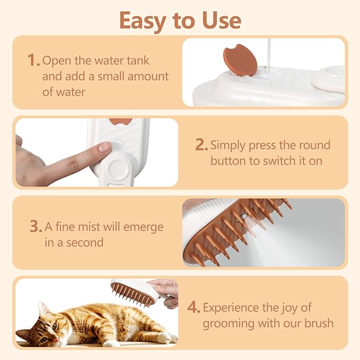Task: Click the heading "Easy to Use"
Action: [x=180, y=20]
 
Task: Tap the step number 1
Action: [x=33, y=60]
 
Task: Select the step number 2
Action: [x=200, y=145]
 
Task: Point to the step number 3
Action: [x=35, y=227]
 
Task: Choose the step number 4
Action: [x=194, y=307]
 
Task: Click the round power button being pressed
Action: [x=119, y=143]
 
